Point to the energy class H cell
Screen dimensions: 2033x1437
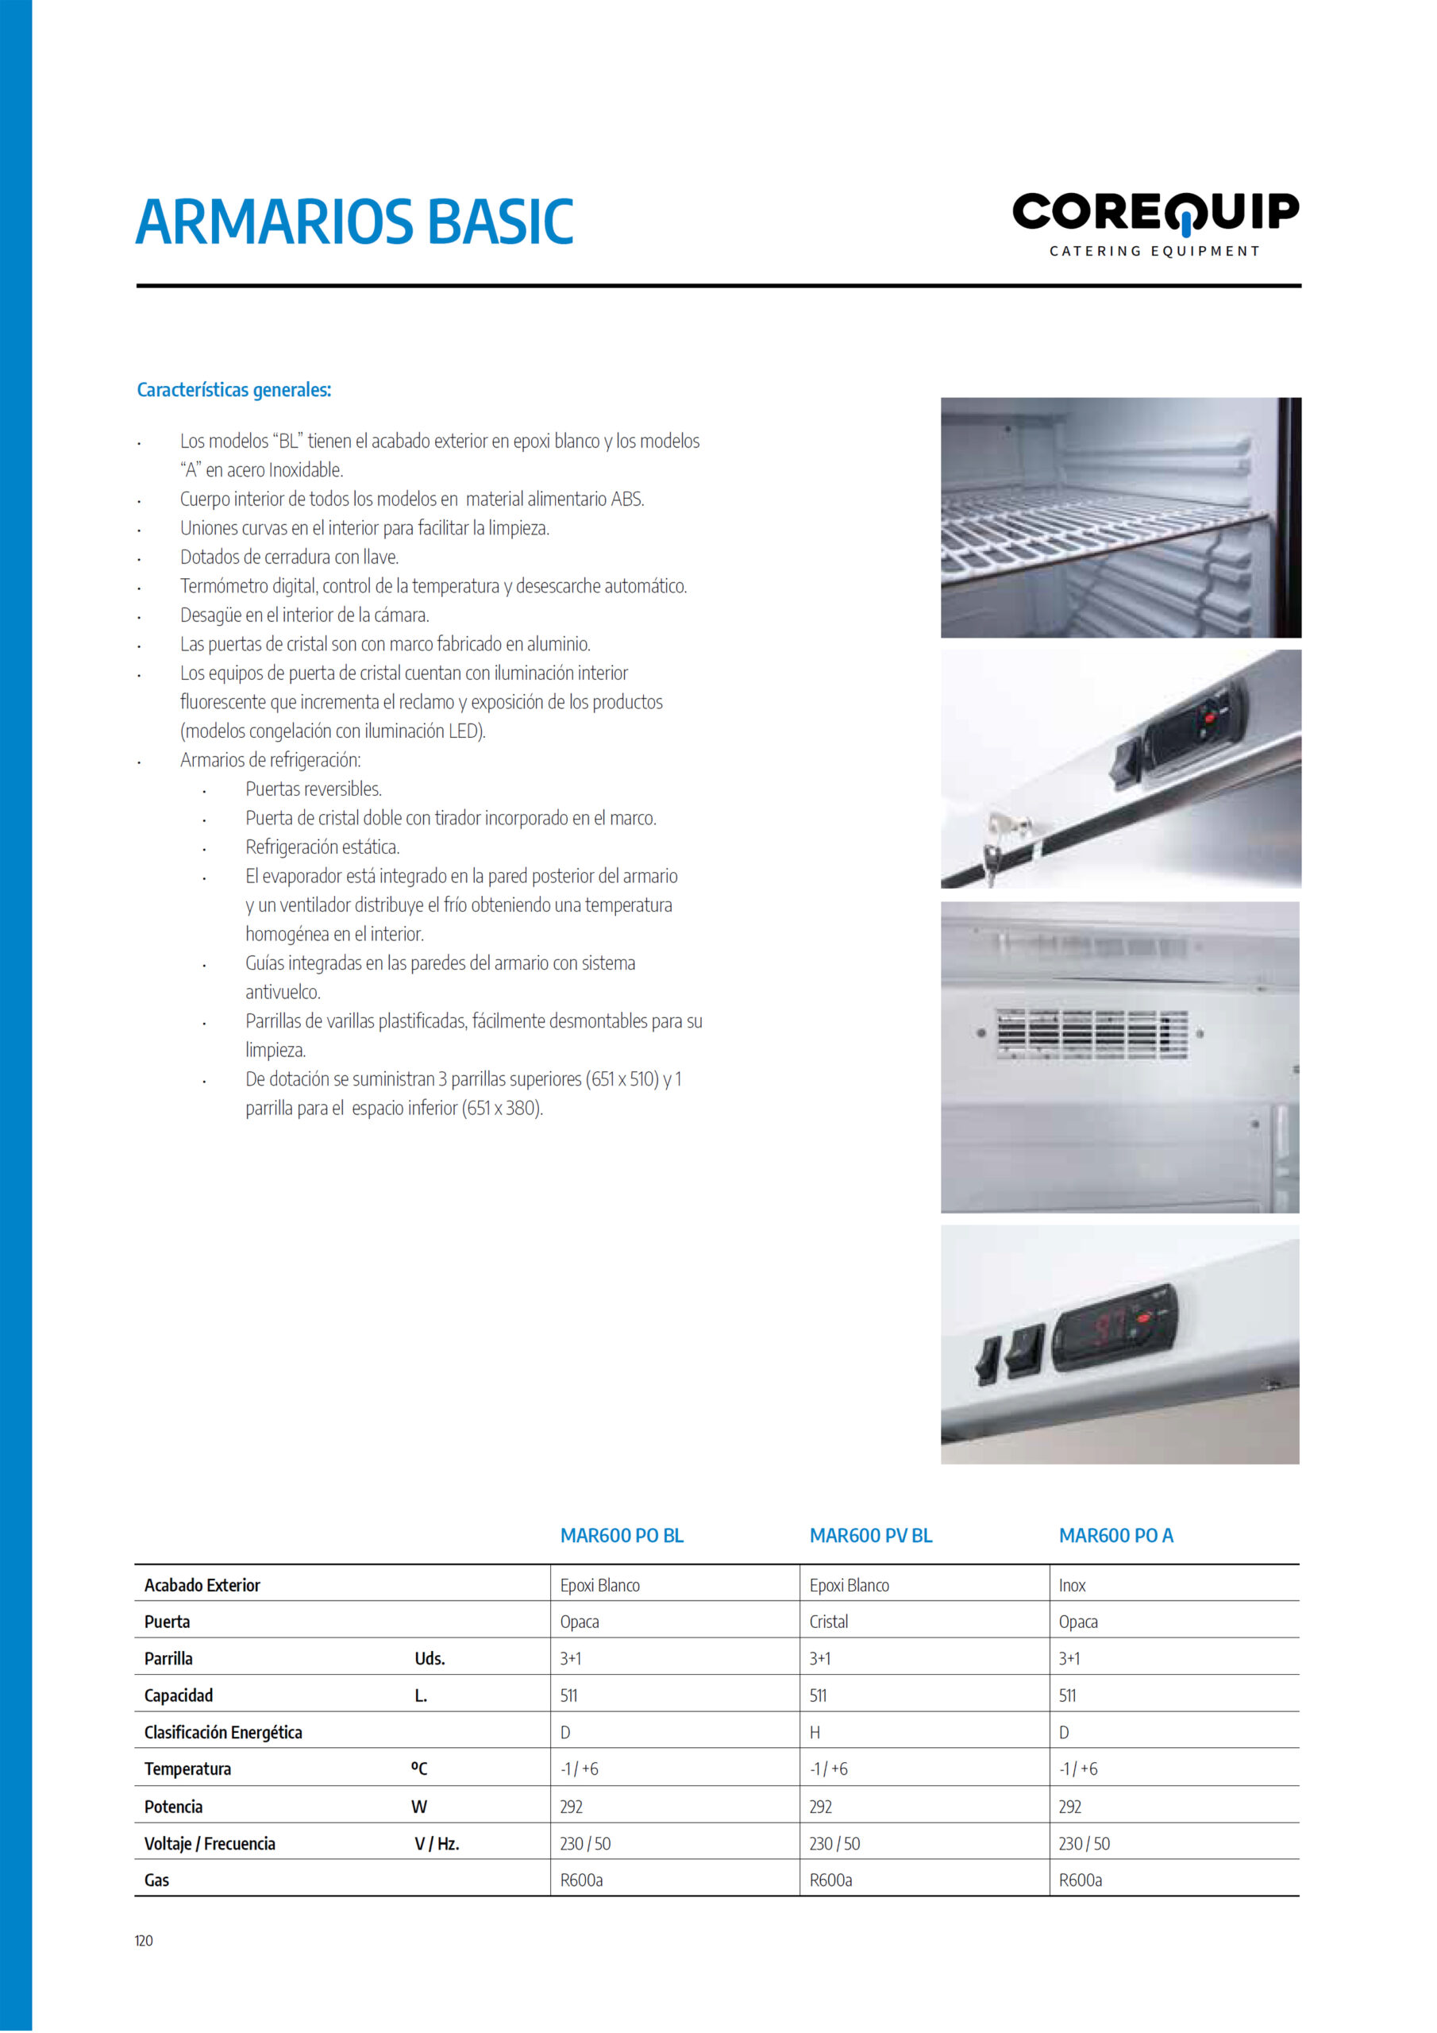point(815,1732)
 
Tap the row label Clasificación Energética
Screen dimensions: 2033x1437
point(223,1732)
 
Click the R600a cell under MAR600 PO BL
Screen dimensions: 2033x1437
point(581,1880)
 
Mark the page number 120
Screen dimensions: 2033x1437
point(144,1940)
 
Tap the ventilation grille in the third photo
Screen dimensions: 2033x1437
point(1092,1033)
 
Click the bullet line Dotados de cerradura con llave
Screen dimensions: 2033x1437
point(290,557)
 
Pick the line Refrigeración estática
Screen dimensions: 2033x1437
point(322,847)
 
